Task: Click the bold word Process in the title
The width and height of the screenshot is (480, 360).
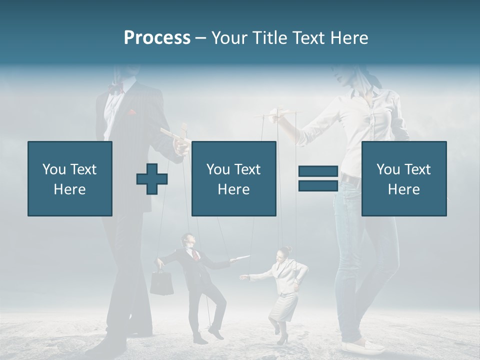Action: tap(157, 37)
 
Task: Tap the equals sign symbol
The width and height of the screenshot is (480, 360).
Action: tap(318, 178)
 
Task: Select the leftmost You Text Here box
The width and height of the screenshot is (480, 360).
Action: tap(70, 178)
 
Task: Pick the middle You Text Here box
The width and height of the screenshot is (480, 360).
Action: tap(233, 178)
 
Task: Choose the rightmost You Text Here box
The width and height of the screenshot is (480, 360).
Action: tap(403, 178)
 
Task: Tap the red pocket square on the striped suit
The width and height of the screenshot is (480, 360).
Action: tap(131, 113)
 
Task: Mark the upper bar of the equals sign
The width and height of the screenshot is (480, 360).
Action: tap(318, 171)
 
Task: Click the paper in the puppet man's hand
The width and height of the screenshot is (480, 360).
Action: tap(240, 257)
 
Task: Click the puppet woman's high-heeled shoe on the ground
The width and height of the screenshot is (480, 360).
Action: tap(282, 340)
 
